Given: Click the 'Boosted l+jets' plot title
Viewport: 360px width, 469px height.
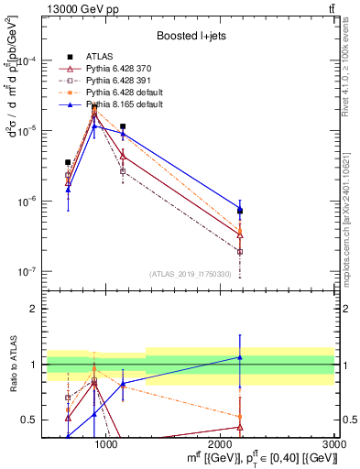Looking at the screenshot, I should click(193, 36).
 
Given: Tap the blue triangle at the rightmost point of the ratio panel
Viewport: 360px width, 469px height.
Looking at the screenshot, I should click(240, 357).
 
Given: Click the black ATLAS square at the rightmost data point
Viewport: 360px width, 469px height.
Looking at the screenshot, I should click(240, 212).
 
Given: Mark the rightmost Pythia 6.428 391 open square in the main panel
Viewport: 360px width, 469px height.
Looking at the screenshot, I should click(240, 251).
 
